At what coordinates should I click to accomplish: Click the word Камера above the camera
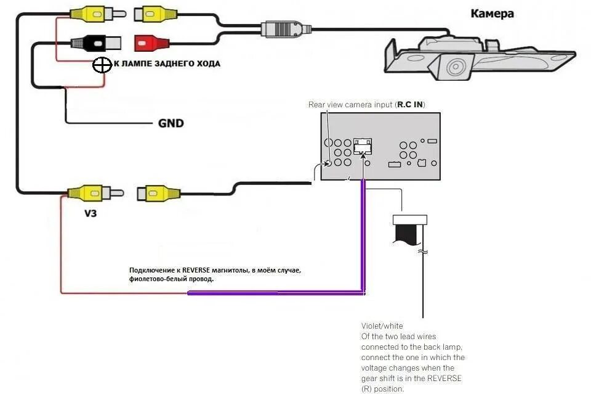[492, 14]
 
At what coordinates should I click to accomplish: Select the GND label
[171, 123]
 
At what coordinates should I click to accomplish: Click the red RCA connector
[151, 43]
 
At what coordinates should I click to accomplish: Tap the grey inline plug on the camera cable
[284, 29]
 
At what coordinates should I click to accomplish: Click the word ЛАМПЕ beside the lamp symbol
[135, 64]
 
